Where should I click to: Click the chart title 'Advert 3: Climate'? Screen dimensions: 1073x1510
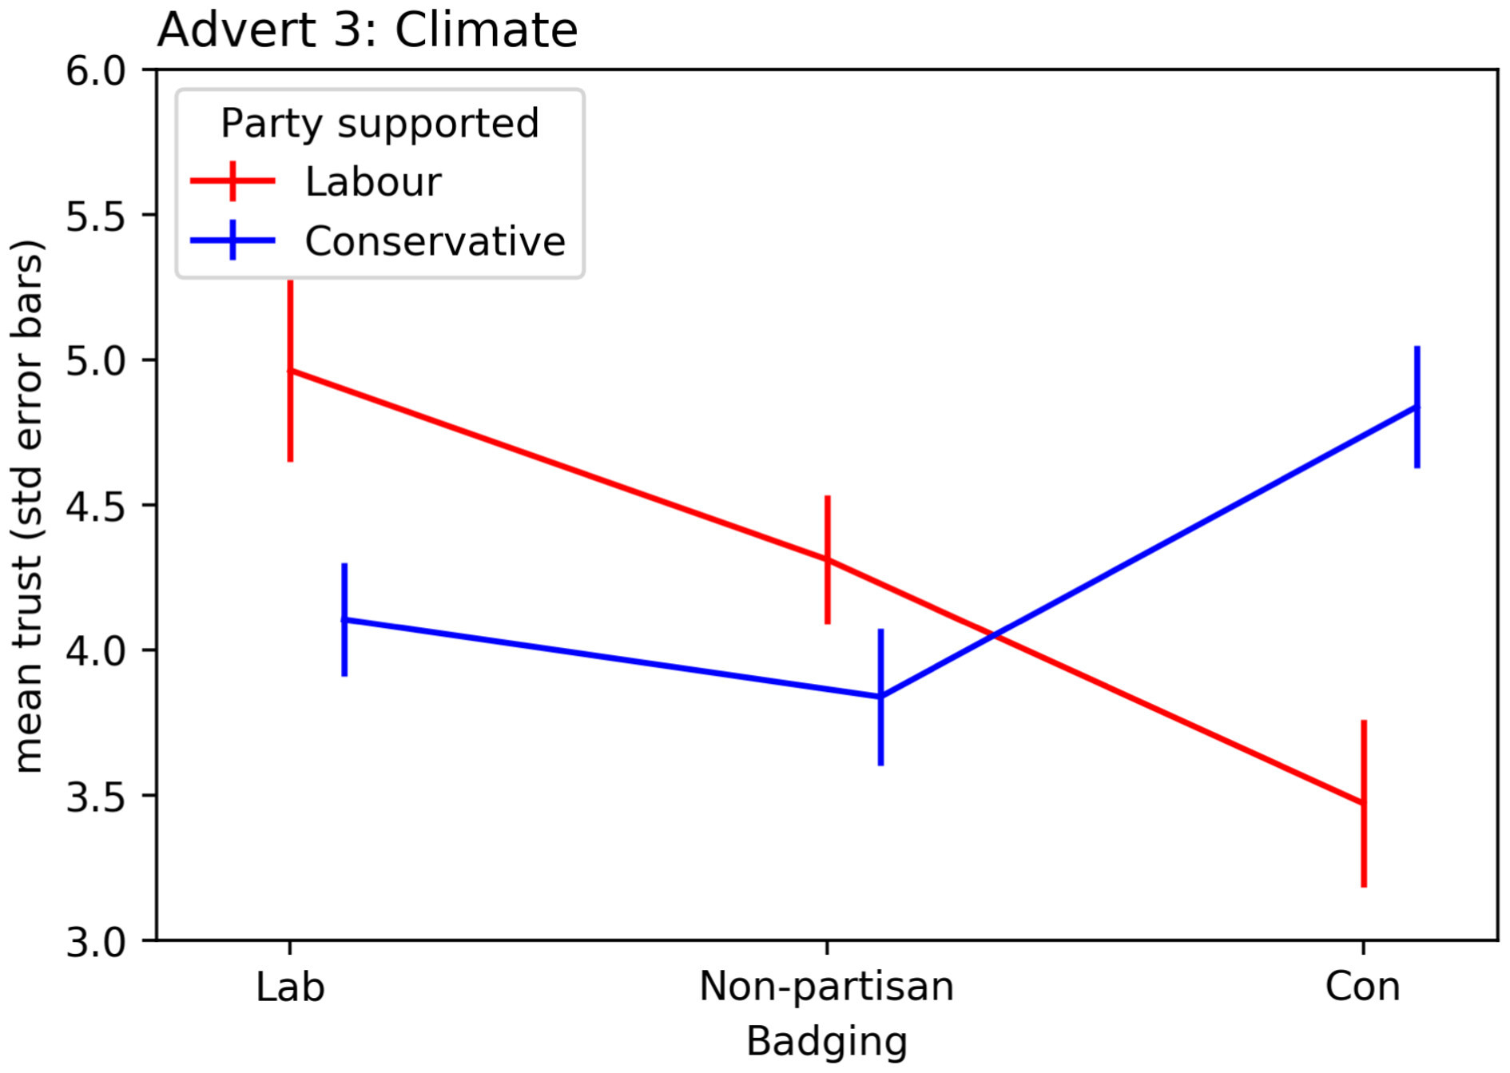pyautogui.click(x=368, y=30)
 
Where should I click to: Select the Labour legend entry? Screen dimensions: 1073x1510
pyautogui.click(x=372, y=182)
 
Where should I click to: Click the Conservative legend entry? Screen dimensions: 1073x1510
pyautogui.click(x=435, y=241)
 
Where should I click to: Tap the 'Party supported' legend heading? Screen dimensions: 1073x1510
pyautogui.click(x=379, y=123)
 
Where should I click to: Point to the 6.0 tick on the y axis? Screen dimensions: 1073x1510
pyautogui.click(x=96, y=71)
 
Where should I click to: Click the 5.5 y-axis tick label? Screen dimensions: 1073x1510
pyautogui.click(x=96, y=217)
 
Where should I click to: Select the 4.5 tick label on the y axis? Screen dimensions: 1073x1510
pyautogui.click(x=96, y=507)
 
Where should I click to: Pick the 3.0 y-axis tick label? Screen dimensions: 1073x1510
pyautogui.click(x=96, y=942)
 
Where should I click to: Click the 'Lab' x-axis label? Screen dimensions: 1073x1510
pyautogui.click(x=290, y=988)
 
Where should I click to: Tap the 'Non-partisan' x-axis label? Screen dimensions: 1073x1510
pyautogui.click(x=826, y=988)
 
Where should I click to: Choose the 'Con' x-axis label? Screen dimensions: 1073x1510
pyautogui.click(x=1362, y=988)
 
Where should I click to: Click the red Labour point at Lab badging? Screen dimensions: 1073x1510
pyautogui.click(x=290, y=371)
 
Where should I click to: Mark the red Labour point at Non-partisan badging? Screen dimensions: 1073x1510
pyautogui.click(x=827, y=559)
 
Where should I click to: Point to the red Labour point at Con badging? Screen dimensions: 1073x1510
pyautogui.click(x=1363, y=803)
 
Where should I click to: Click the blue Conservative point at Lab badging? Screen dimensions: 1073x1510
pyautogui.click(x=344, y=619)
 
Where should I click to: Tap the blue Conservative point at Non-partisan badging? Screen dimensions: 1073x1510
pyautogui.click(x=880, y=697)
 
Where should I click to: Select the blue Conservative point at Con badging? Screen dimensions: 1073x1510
pyautogui.click(x=1417, y=407)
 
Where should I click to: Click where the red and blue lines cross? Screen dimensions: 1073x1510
pyautogui.click(x=993, y=636)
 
